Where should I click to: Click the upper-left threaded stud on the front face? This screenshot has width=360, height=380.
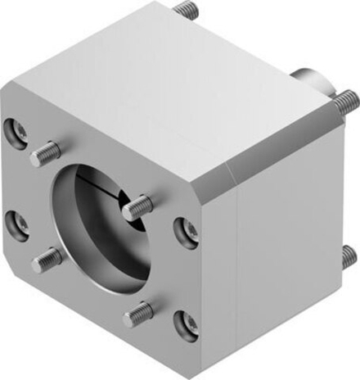[44, 152]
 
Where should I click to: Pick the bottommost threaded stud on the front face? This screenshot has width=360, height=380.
[137, 312]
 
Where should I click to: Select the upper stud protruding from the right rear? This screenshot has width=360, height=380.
[344, 102]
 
